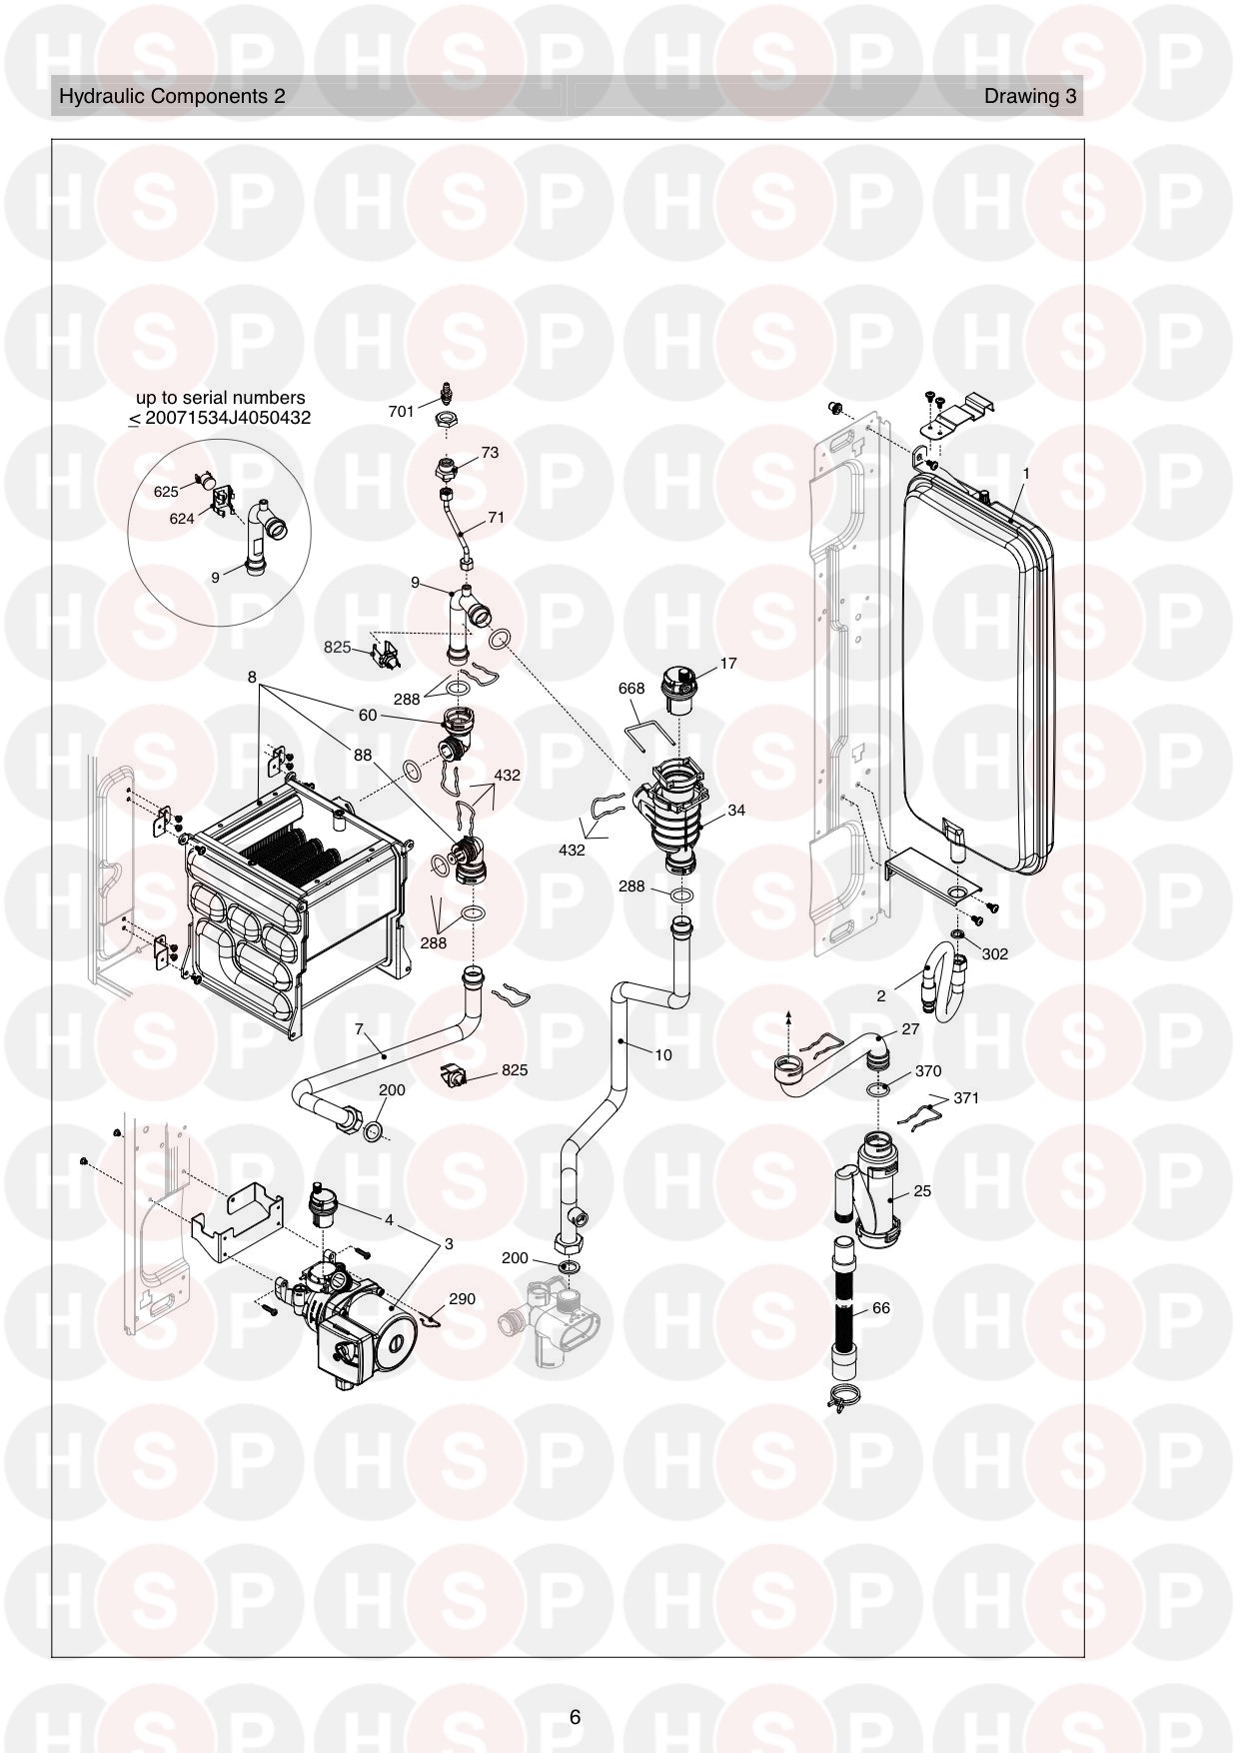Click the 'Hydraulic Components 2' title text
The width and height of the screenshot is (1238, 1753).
pos(172,96)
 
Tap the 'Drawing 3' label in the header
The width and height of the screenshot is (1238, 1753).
pos(1030,96)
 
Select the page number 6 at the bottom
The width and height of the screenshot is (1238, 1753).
pos(575,1717)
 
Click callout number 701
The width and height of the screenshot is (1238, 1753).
pos(401,411)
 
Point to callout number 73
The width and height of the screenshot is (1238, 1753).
pos(490,452)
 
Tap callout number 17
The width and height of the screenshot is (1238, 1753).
pos(728,663)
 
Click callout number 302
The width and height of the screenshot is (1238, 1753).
pos(995,953)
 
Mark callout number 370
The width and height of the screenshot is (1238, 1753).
pos(928,1071)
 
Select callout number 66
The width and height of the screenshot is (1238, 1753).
pos(880,1307)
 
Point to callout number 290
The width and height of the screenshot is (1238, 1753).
pos(462,1299)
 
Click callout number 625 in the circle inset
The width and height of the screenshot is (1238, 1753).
pos(166,492)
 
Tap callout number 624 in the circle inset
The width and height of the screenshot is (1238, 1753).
pos(182,519)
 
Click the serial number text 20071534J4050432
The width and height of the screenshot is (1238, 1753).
pos(228,418)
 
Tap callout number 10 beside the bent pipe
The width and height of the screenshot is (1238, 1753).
pos(663,1054)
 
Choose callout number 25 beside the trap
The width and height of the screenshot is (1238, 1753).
pos(922,1191)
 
